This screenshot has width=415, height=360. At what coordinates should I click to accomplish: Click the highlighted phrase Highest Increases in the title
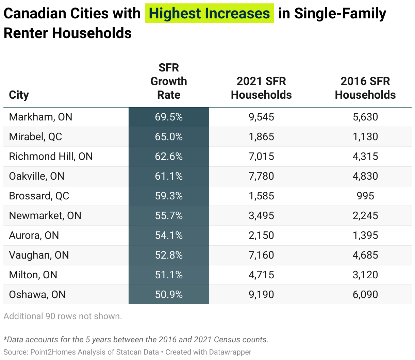[x=209, y=14]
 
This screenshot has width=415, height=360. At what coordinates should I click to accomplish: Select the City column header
[x=19, y=95]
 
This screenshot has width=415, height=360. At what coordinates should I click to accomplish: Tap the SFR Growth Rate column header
[x=169, y=81]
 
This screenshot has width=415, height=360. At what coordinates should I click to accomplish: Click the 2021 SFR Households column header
[x=261, y=88]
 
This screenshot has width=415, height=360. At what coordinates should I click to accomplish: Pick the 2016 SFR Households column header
[x=365, y=88]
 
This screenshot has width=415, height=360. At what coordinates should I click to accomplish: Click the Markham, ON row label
[x=40, y=117]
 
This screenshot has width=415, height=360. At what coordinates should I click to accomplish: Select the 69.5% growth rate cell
[x=169, y=117]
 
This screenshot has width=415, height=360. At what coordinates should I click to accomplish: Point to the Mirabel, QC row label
[x=35, y=137]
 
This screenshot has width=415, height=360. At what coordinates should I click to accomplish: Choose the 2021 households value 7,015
[x=261, y=157]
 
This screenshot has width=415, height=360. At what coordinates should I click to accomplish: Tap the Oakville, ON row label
[x=36, y=176]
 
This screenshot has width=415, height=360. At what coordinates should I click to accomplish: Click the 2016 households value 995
[x=365, y=196]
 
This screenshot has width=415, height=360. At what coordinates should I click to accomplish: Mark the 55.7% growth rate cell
[x=169, y=216]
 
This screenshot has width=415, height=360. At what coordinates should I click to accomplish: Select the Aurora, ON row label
[x=34, y=235]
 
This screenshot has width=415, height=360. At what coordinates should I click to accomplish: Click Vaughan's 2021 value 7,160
[x=261, y=255]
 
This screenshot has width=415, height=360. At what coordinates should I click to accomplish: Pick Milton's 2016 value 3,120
[x=365, y=275]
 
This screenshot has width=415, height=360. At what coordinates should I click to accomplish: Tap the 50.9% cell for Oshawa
[x=169, y=295]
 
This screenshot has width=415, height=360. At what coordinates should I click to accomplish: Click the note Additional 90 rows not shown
[x=63, y=316]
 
